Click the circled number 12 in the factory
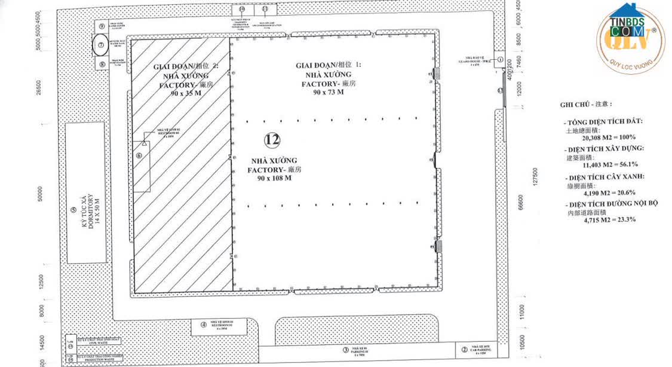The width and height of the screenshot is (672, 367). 272,140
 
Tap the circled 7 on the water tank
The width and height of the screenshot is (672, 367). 102,44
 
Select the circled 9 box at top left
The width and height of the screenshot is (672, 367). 102,26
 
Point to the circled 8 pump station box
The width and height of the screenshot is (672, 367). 102,63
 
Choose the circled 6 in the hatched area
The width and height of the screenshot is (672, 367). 139,155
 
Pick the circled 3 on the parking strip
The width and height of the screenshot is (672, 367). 345,350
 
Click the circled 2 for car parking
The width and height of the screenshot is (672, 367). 464,350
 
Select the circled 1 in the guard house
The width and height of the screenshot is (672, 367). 499,60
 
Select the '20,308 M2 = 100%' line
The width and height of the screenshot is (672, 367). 600,137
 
